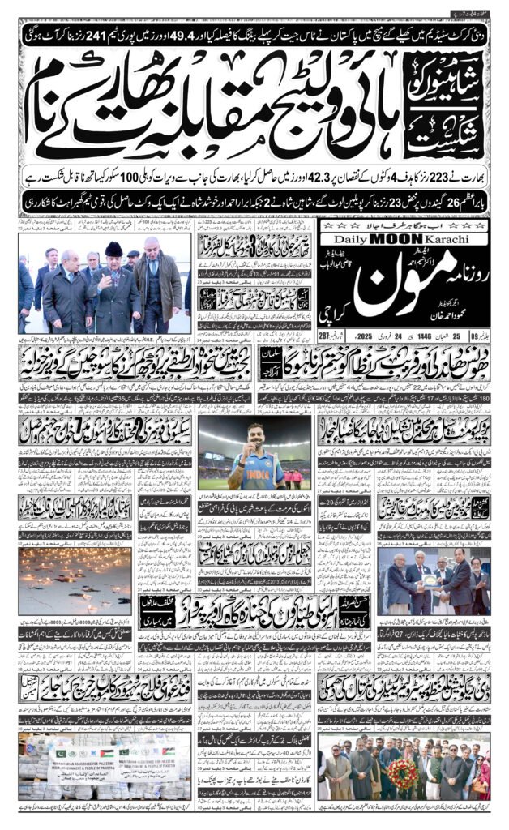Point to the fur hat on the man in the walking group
[x=113, y=249]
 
